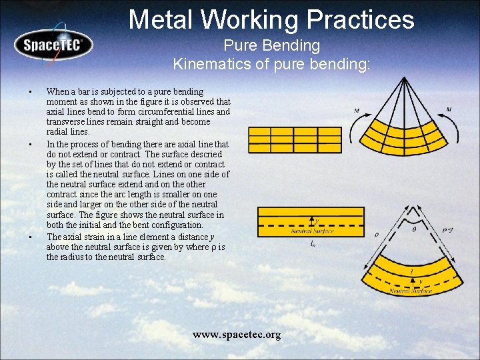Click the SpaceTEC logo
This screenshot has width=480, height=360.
tap(51, 46)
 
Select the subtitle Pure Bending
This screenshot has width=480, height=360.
tap(271, 46)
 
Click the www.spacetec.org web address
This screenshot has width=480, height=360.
tap(237, 334)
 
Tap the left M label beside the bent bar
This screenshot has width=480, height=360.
tap(357, 111)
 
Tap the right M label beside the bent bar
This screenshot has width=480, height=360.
tap(449, 109)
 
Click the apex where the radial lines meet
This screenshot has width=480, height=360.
tap(403, 78)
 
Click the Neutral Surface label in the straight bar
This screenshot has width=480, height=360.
tap(312, 231)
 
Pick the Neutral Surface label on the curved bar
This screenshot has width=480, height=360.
tap(411, 291)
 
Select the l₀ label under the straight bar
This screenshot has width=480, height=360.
tap(313, 244)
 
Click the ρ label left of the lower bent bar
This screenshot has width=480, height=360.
tap(377, 234)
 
